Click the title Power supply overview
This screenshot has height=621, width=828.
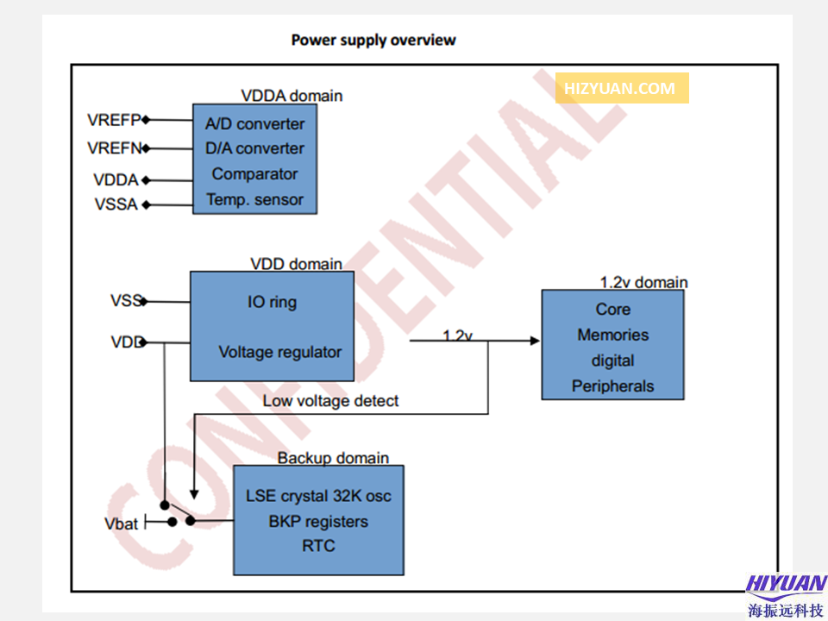click(x=373, y=40)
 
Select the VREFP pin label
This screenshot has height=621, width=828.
click(x=114, y=120)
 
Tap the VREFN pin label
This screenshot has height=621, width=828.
click(x=114, y=148)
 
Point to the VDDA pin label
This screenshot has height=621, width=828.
click(x=116, y=180)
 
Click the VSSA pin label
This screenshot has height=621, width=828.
click(x=116, y=205)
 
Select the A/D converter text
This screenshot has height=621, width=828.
click(x=254, y=124)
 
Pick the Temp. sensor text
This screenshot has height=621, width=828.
click(x=254, y=200)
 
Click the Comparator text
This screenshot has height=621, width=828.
click(x=254, y=174)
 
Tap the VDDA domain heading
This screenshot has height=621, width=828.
click(x=292, y=96)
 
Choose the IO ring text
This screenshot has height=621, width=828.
click(x=272, y=303)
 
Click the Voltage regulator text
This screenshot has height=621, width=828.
click(x=279, y=352)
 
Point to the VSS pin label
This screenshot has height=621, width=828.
click(x=125, y=301)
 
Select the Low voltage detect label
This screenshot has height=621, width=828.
click(x=330, y=401)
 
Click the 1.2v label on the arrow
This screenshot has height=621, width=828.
click(x=457, y=335)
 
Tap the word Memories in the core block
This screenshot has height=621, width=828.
click(x=612, y=335)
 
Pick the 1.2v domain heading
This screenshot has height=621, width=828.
click(x=643, y=282)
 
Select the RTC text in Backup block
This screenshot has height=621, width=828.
click(x=318, y=546)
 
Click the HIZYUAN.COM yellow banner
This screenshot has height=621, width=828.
click(x=621, y=88)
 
